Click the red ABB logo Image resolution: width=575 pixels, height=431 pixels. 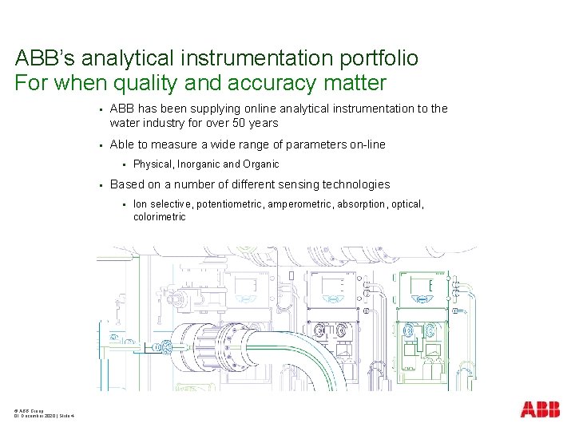pyautogui.click(x=540, y=409)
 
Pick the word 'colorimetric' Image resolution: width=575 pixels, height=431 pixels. pyautogui.click(x=159, y=216)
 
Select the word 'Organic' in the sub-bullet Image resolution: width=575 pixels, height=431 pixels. pyautogui.click(x=261, y=164)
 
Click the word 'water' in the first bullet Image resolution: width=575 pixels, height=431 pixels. pyautogui.click(x=125, y=123)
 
